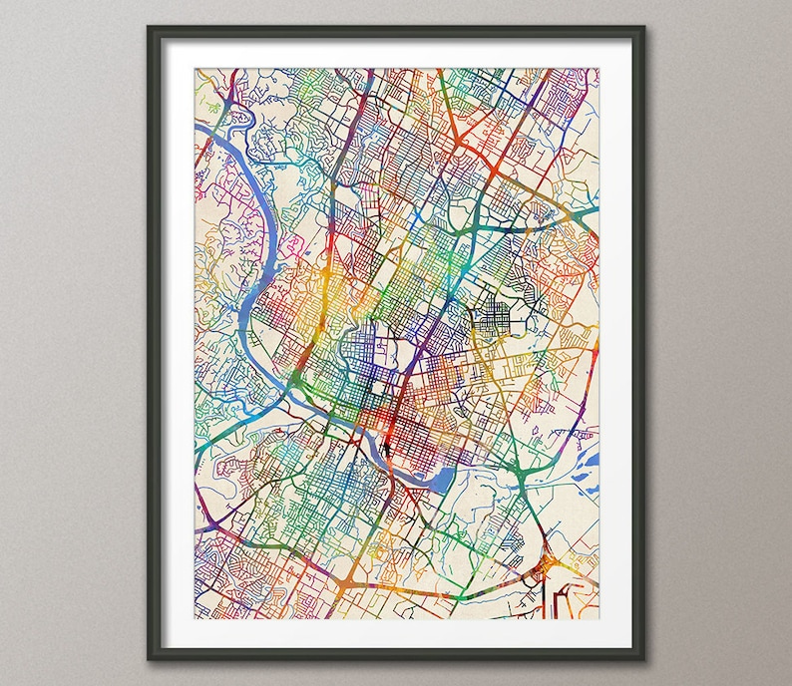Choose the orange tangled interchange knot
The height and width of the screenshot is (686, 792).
pyautogui.click(x=548, y=568)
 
